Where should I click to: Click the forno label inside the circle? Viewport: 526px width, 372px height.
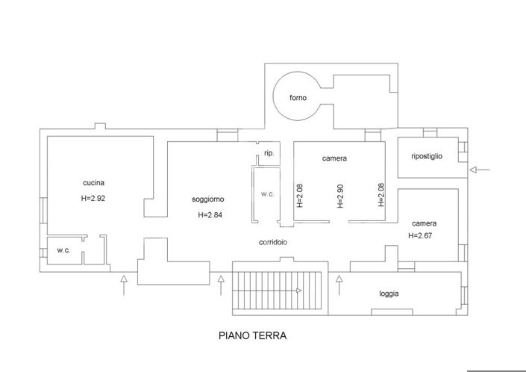(298, 98)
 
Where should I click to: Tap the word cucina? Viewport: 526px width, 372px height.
(93, 183)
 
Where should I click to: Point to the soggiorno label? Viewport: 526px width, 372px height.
(208, 199)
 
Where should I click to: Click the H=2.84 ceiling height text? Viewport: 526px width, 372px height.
(210, 215)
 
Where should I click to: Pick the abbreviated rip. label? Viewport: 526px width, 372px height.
(269, 153)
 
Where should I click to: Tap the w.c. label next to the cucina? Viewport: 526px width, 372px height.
(63, 250)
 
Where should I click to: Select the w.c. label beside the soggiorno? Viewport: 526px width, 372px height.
(268, 194)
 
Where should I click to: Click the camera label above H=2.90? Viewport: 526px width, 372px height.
(334, 158)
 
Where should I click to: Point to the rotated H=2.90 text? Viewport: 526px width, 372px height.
(340, 195)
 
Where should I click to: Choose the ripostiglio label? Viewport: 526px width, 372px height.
(427, 156)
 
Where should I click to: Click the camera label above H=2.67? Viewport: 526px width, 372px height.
(424, 223)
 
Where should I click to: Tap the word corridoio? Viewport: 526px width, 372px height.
(273, 243)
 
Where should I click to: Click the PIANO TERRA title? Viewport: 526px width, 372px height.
(252, 336)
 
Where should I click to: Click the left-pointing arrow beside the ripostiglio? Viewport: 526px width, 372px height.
(480, 170)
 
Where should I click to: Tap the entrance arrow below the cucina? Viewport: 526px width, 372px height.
(124, 285)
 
